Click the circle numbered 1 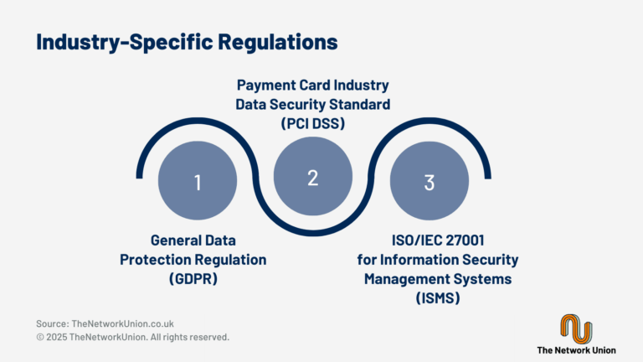click(198, 181)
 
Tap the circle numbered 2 click(313, 176)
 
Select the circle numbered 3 click(430, 181)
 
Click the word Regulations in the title click(278, 42)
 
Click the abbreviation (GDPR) click(193, 279)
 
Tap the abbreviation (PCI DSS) click(313, 123)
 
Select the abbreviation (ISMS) click(438, 297)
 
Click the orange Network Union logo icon click(576, 328)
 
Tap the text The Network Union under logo click(576, 350)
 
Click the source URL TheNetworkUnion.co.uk click(122, 323)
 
